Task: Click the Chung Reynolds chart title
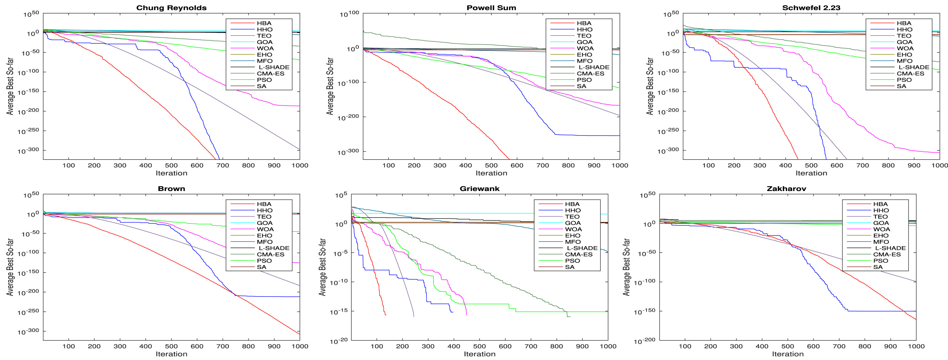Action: tap(171, 8)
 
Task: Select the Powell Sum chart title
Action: tap(491, 8)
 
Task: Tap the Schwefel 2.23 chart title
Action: tap(811, 8)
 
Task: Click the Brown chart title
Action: tap(171, 188)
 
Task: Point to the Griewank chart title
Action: tap(480, 188)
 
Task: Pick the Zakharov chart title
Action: tap(787, 188)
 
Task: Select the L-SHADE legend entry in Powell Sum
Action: tap(593, 67)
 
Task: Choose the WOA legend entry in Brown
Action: tap(265, 229)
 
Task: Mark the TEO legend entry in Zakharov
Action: tap(880, 217)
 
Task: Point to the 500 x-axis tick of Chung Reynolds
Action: tap(171, 165)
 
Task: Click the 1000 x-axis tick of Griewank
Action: tap(608, 346)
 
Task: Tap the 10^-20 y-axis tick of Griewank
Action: tap(339, 341)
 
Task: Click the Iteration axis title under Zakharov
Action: tap(787, 354)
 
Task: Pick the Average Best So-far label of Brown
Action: tap(10, 267)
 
